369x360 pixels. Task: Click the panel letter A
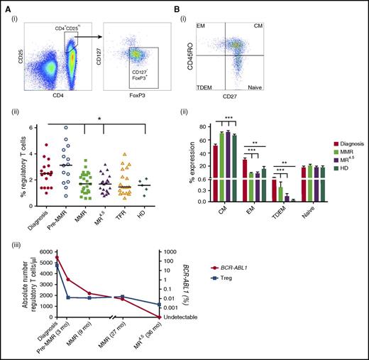[x=6, y=6]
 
